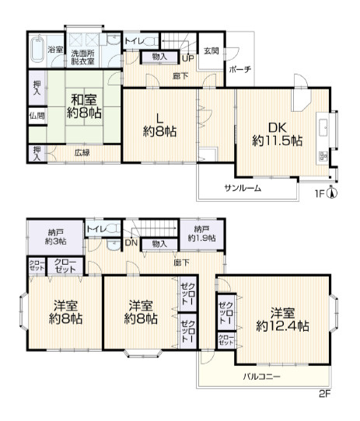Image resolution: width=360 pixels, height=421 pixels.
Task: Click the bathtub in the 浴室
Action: pyautogui.click(x=37, y=49)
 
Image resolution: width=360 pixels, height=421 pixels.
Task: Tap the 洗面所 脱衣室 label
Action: pyautogui.click(x=83, y=57)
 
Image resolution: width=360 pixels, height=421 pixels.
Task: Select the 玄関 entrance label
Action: pyautogui.click(x=211, y=50)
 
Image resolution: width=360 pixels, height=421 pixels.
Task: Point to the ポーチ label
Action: pyautogui.click(x=240, y=70)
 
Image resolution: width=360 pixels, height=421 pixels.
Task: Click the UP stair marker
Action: pyautogui.click(x=188, y=58)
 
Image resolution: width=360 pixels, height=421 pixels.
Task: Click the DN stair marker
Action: pyautogui.click(x=131, y=243)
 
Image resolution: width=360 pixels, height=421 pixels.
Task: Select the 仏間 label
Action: pyautogui.click(x=37, y=116)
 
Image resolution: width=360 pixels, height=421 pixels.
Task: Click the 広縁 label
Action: pyautogui.click(x=82, y=153)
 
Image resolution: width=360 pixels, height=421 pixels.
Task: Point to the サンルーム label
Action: pyautogui.click(x=243, y=188)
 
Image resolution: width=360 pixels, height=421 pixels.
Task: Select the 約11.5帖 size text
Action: pyautogui.click(x=277, y=141)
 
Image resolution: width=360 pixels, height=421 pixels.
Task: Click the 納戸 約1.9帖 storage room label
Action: pyautogui.click(x=201, y=234)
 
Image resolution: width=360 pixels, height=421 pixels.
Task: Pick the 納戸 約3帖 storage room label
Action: pyautogui.click(x=56, y=237)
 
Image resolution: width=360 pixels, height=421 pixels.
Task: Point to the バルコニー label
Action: pyautogui.click(x=261, y=377)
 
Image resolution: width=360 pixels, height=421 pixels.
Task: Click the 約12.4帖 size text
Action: pyautogui.click(x=282, y=326)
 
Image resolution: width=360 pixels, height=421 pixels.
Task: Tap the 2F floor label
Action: pyautogui.click(x=324, y=394)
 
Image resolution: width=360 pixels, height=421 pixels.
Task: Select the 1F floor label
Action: pyautogui.click(x=320, y=193)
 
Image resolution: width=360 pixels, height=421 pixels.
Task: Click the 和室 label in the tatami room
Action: pyautogui.click(x=84, y=100)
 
